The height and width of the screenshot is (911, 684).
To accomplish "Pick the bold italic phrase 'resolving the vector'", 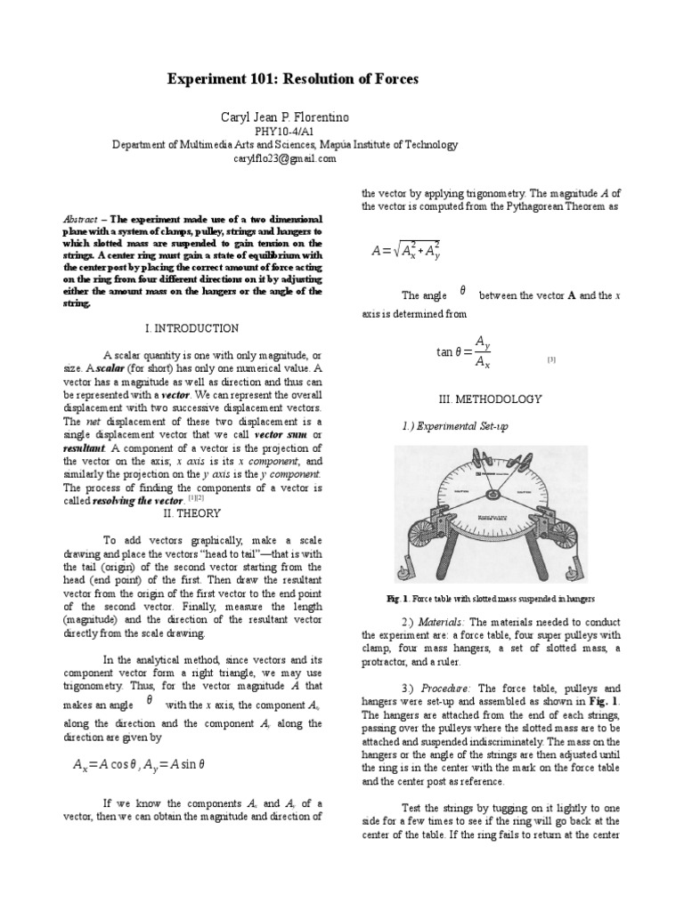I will point(129,501).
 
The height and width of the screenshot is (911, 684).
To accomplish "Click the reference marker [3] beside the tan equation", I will point(552,359).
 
